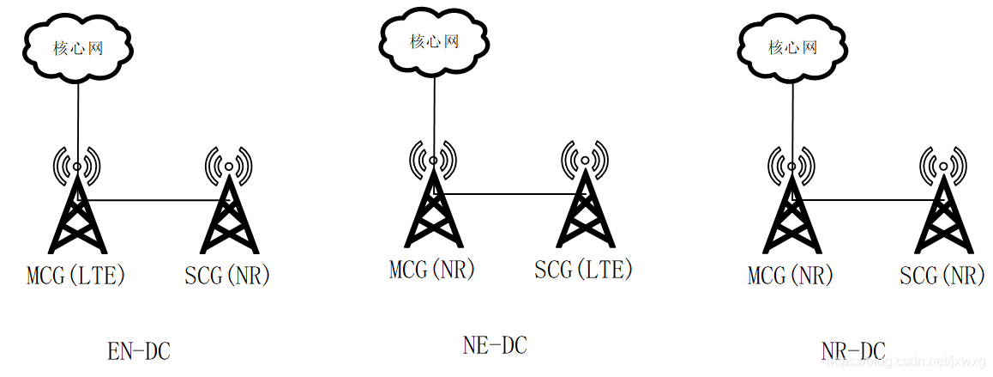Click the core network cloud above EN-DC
[x=79, y=48]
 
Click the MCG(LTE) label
[x=77, y=276]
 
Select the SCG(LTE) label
[x=583, y=269]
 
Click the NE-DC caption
[x=495, y=345]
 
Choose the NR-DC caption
[x=852, y=351]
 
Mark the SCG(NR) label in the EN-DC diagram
[x=227, y=276]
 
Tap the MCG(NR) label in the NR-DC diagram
[x=791, y=276]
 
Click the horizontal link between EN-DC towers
[x=154, y=200]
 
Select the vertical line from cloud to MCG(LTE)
[x=78, y=120]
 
